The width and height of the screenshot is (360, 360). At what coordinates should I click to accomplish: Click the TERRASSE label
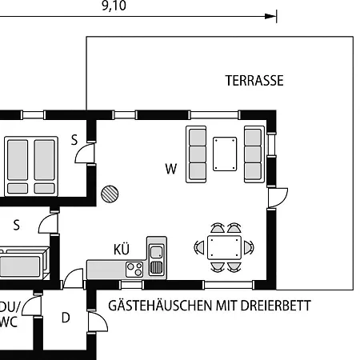[254, 81]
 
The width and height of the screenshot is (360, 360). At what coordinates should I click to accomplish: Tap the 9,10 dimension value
[114, 6]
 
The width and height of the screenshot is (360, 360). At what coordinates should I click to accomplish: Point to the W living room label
[170, 169]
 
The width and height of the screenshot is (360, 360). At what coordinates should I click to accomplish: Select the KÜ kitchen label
[122, 250]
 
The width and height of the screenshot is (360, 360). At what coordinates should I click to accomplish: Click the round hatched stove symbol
[110, 193]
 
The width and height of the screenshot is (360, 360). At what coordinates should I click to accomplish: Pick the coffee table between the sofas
[225, 153]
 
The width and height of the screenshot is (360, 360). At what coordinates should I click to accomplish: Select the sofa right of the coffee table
[254, 153]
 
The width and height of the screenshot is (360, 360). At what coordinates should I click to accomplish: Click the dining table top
[225, 246]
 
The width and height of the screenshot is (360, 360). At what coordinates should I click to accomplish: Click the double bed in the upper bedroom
[31, 165]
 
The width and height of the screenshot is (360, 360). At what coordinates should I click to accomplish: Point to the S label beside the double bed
[74, 141]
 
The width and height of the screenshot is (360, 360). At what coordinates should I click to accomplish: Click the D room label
[66, 318]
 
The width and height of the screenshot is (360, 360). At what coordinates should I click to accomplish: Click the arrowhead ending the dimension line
[273, 15]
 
